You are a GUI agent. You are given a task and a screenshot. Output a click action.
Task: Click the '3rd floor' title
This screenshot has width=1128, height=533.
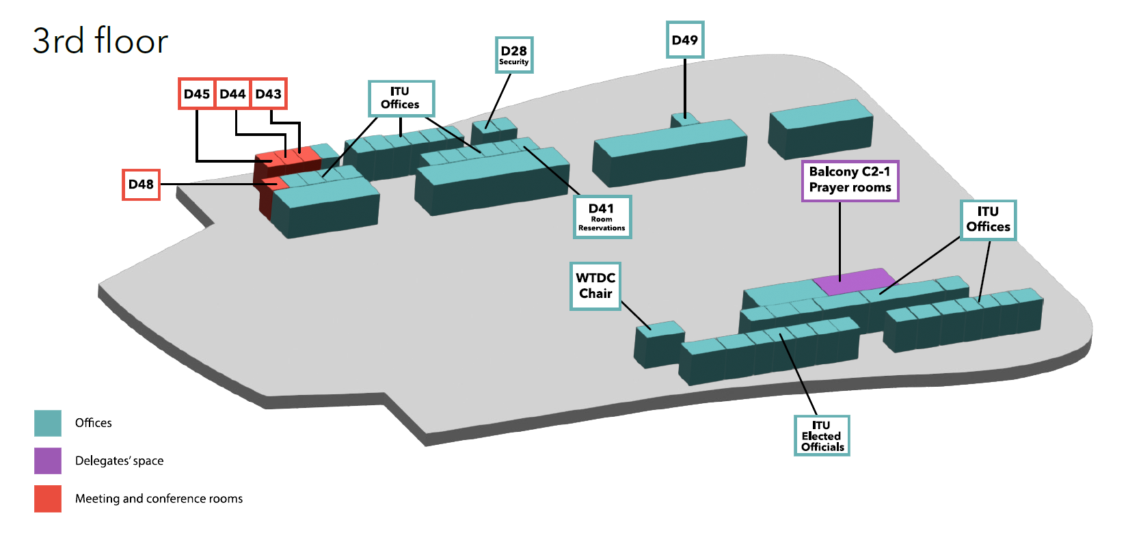click(x=100, y=41)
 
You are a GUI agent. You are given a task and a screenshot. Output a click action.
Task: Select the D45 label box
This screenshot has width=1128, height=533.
click(x=197, y=94)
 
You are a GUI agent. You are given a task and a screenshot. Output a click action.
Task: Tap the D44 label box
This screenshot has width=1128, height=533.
click(x=232, y=94)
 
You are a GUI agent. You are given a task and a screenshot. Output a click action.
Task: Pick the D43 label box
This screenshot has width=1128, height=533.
click(x=269, y=94)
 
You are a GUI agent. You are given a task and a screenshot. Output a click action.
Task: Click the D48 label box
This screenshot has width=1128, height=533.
click(x=141, y=184)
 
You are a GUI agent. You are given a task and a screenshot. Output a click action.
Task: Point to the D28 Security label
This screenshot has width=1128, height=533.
click(x=514, y=55)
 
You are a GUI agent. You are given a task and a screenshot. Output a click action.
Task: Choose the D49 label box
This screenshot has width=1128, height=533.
click(x=685, y=40)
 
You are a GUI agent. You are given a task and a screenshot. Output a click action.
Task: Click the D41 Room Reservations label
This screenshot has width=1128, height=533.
click(x=602, y=217)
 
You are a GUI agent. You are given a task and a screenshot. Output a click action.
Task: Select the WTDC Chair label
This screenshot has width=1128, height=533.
click(x=595, y=286)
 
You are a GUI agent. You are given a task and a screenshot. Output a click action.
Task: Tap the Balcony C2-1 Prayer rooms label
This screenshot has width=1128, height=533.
click(x=850, y=180)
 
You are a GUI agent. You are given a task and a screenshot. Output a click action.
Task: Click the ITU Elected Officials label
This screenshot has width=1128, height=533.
click(x=822, y=435)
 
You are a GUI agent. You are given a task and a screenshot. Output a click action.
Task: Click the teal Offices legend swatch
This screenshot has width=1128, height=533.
click(x=48, y=423)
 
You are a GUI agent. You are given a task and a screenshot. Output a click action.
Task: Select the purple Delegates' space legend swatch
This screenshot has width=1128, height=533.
click(x=48, y=461)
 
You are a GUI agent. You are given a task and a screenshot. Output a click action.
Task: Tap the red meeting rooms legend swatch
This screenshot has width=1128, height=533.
click(x=48, y=498)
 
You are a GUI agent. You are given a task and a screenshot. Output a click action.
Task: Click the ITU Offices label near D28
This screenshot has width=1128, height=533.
click(x=401, y=98)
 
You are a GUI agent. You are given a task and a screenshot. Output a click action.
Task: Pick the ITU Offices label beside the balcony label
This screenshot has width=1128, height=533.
click(x=988, y=219)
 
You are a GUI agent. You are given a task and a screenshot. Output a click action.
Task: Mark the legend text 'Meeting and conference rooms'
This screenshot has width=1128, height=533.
click(x=159, y=499)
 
